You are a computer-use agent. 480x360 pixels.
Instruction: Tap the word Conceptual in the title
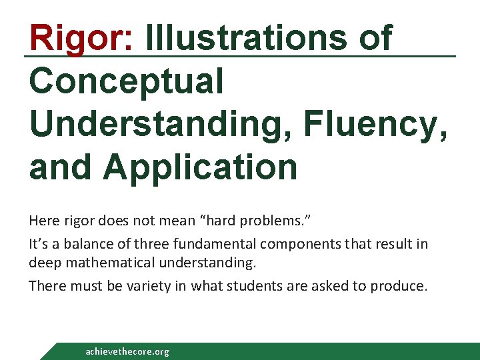[x=126, y=82]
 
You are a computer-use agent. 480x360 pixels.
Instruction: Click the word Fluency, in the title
[x=374, y=125]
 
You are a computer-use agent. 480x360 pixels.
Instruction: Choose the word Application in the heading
[x=200, y=167]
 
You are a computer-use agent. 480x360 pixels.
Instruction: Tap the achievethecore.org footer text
[x=127, y=351]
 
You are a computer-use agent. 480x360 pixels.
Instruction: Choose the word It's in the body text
[x=37, y=243]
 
